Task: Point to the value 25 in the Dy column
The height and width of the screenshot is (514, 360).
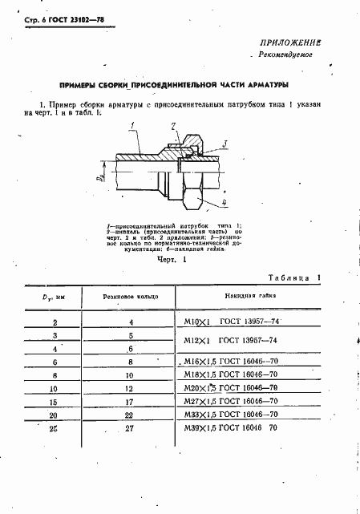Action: coord(54,431)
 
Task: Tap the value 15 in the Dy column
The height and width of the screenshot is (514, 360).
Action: coord(54,401)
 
